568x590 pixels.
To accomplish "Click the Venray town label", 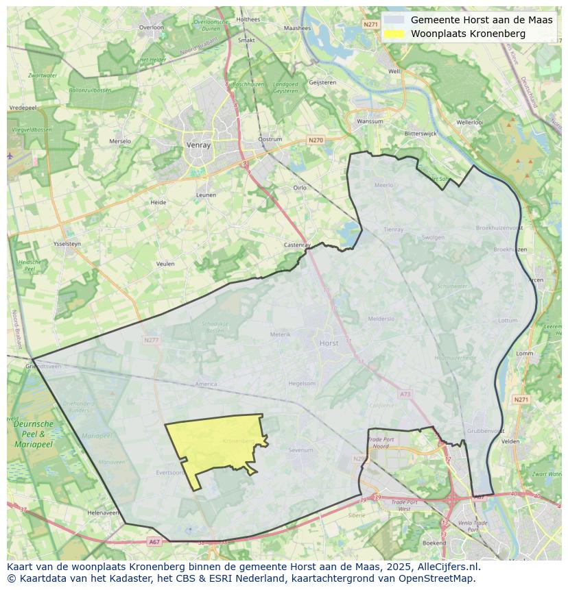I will click(198, 145).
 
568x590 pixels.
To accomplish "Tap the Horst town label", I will click(329, 343).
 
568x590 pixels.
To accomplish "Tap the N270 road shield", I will click(315, 140).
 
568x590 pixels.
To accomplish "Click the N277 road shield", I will click(151, 340).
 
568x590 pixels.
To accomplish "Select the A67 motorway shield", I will click(154, 542).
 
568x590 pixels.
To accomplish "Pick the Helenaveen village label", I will click(103, 513).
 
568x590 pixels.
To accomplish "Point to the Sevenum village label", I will click(300, 450).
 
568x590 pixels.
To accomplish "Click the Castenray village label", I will click(298, 245).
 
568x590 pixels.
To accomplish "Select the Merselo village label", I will click(120, 141).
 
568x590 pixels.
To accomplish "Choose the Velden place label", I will click(510, 441).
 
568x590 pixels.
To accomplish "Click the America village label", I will click(206, 384).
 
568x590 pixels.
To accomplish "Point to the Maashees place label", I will click(297, 29).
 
